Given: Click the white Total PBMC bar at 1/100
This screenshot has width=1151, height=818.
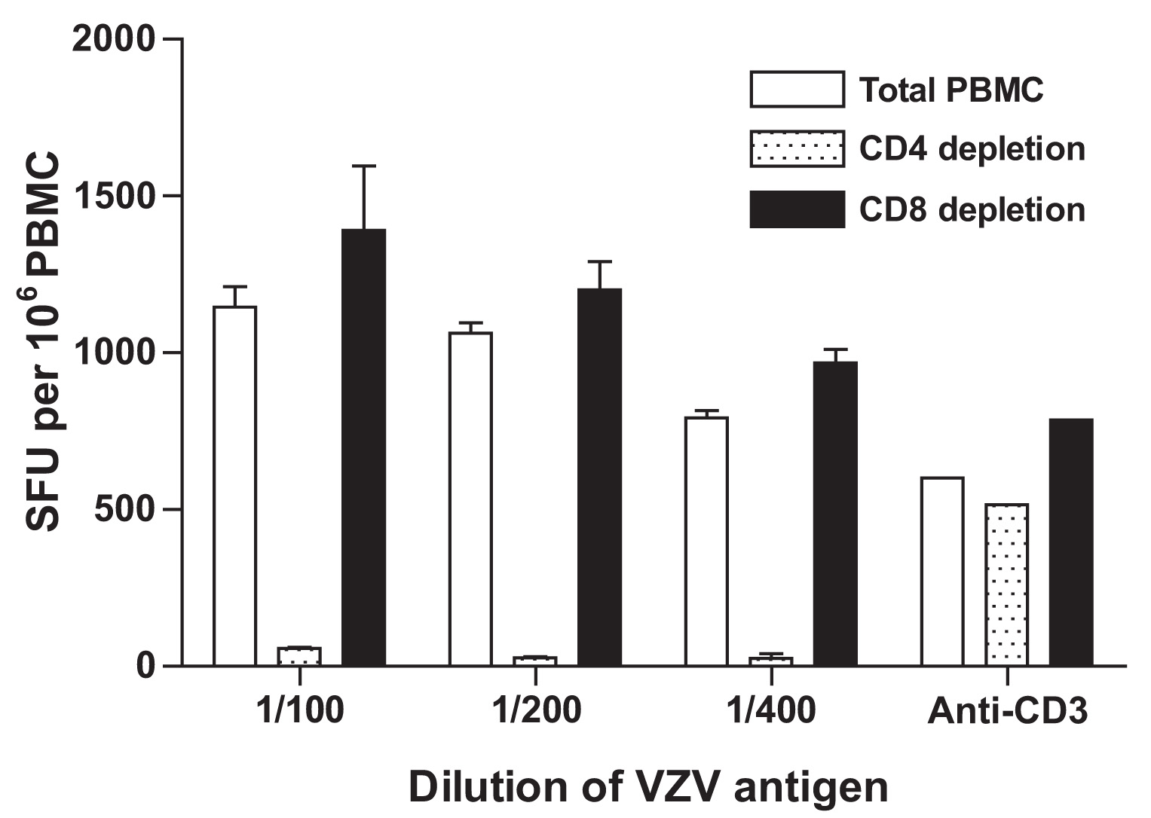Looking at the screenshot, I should pos(234,486).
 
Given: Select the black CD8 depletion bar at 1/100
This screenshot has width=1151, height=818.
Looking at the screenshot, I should pos(364,447).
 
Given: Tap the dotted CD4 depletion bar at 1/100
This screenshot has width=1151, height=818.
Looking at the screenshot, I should pos(299,656).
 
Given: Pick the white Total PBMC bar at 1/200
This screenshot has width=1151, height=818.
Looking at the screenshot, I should pos(470,499).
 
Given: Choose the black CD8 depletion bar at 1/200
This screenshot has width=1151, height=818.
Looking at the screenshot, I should pos(600,477).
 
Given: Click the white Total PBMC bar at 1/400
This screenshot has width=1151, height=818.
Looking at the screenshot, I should pos(706,541).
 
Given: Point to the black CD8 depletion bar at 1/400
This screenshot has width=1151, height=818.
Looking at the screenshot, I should pos(835,514).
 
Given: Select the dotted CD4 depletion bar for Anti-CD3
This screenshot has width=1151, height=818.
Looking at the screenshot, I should pos(1006,585).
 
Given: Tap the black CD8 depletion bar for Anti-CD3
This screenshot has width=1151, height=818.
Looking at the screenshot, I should pos(1071,542).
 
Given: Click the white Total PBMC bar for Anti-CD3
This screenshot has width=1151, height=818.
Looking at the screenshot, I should pos(942,571).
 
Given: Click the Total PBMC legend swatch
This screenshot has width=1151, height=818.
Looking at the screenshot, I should pos(797,90).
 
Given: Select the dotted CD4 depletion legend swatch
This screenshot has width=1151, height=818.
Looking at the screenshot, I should pos(797,149).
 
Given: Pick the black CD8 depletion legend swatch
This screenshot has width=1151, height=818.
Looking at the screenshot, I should pos(797,209).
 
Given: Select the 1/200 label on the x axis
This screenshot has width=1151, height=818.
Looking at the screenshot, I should pos(536,710).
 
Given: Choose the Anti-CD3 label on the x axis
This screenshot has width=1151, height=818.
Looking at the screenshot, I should pos(1008,710).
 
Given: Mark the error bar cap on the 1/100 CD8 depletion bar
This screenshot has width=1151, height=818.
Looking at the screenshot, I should pos(364,166).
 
